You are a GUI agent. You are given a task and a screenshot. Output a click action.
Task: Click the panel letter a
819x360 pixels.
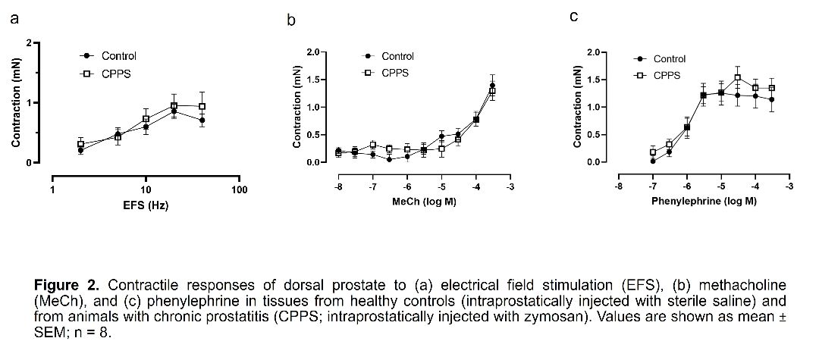click(14, 19)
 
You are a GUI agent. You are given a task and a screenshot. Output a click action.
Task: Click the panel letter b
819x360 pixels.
click(291, 20)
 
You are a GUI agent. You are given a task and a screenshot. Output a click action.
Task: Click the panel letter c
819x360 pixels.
click(574, 16)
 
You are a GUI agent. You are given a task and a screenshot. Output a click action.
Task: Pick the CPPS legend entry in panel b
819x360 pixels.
click(395, 73)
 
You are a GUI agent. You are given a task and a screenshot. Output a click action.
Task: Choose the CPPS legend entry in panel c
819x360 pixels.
click(667, 75)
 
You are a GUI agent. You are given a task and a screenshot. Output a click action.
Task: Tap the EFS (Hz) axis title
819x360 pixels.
click(146, 205)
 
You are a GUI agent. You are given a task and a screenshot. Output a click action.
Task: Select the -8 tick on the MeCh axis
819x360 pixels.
click(338, 186)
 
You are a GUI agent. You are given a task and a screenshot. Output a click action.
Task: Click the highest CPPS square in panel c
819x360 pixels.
click(737, 77)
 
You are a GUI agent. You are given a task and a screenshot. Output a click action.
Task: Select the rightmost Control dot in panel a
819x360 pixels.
click(202, 120)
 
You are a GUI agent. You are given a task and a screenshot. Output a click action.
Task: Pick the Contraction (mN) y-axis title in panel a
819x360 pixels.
click(16, 103)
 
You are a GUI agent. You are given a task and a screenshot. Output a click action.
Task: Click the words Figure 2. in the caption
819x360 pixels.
click(67, 286)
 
